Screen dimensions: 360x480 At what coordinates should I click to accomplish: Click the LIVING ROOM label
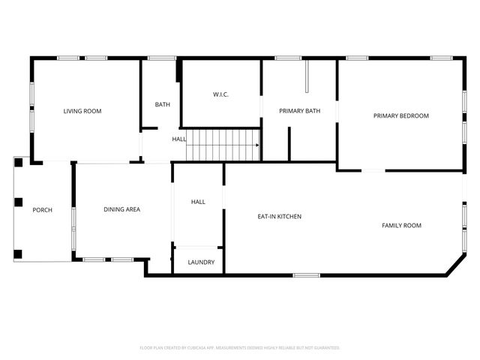pos(82,111)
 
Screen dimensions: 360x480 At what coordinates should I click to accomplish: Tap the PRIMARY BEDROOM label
pos(401,115)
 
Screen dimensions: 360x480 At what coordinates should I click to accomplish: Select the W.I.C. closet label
pos(220,94)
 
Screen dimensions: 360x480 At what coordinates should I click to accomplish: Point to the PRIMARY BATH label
pos(299,111)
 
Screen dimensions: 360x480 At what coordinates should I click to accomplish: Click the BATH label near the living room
pos(163,104)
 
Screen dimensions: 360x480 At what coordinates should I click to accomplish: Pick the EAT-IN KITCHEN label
pos(279,216)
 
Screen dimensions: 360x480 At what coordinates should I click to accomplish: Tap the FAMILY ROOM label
pos(401,225)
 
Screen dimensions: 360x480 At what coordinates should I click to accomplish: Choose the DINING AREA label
pos(121,209)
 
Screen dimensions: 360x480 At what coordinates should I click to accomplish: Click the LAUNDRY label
pos(201,262)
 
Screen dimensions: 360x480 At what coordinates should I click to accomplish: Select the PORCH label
pos(42,210)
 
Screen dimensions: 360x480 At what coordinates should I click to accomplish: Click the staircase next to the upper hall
pos(221,145)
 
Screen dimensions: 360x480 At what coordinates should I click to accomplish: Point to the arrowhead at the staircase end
pos(256,145)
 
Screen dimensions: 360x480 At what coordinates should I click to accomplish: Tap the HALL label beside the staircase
pos(179,139)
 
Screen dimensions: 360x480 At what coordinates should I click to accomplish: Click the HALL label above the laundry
pos(198,202)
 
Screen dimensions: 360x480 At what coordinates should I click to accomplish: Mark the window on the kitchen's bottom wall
pos(306,275)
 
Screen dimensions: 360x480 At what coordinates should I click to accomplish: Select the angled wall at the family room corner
pos(454,264)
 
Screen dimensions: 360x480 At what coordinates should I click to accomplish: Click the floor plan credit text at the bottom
pos(240,347)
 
